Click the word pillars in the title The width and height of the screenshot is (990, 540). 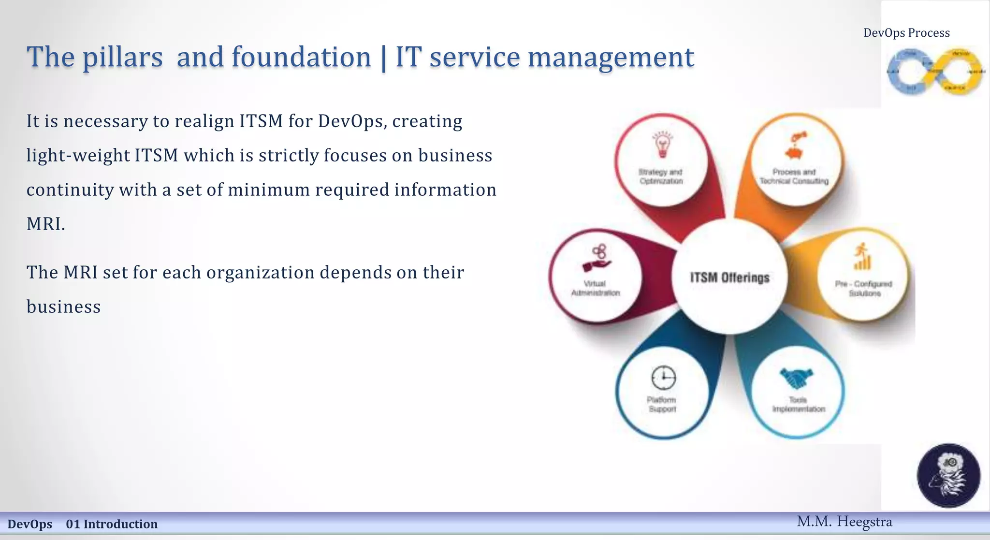point(122,57)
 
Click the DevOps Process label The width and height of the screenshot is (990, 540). point(906,33)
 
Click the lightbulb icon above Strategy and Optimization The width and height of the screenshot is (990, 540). point(663,145)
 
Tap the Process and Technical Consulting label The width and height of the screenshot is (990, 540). point(794,176)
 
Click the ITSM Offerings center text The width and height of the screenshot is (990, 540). point(729,277)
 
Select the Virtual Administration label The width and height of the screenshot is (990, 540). point(595,288)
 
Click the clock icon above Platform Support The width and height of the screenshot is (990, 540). point(663,378)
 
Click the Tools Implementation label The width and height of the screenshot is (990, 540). point(799,405)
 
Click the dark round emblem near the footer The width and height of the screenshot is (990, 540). point(948,475)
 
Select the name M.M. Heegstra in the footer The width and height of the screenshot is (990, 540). point(844,522)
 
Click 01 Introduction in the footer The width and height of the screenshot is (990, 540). point(112,524)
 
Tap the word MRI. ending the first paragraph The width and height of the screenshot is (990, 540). point(45,224)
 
